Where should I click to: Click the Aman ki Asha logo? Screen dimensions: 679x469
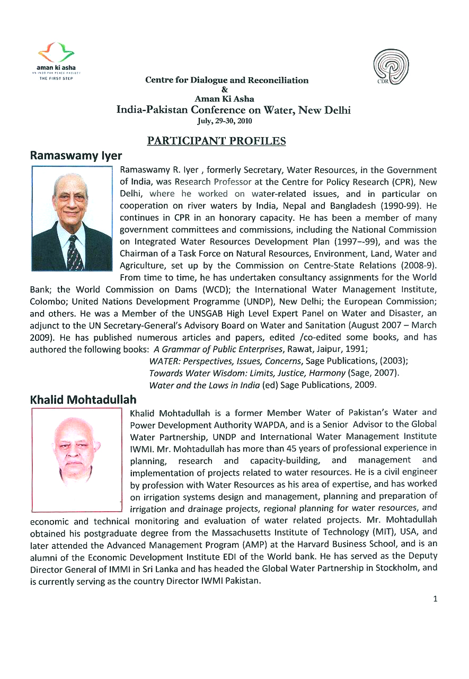pos(56,60)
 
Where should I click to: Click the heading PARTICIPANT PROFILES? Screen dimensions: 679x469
pos(216,141)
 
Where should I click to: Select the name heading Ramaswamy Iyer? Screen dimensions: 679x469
pos(76,156)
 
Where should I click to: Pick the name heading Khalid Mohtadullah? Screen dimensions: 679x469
pos(83,399)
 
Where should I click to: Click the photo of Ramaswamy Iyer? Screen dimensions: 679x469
pos(72,219)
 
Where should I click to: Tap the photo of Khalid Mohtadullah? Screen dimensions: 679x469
pos(77,459)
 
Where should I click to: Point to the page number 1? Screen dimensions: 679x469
pos(435,599)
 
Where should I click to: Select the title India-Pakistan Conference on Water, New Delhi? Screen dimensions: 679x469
pos(233,110)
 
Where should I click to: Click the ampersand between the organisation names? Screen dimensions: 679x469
pos(224,90)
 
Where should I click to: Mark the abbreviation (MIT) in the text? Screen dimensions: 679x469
pos(384,532)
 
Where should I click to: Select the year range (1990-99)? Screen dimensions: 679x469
pos(405,205)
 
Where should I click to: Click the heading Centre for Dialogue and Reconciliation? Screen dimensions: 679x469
pos(227,80)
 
